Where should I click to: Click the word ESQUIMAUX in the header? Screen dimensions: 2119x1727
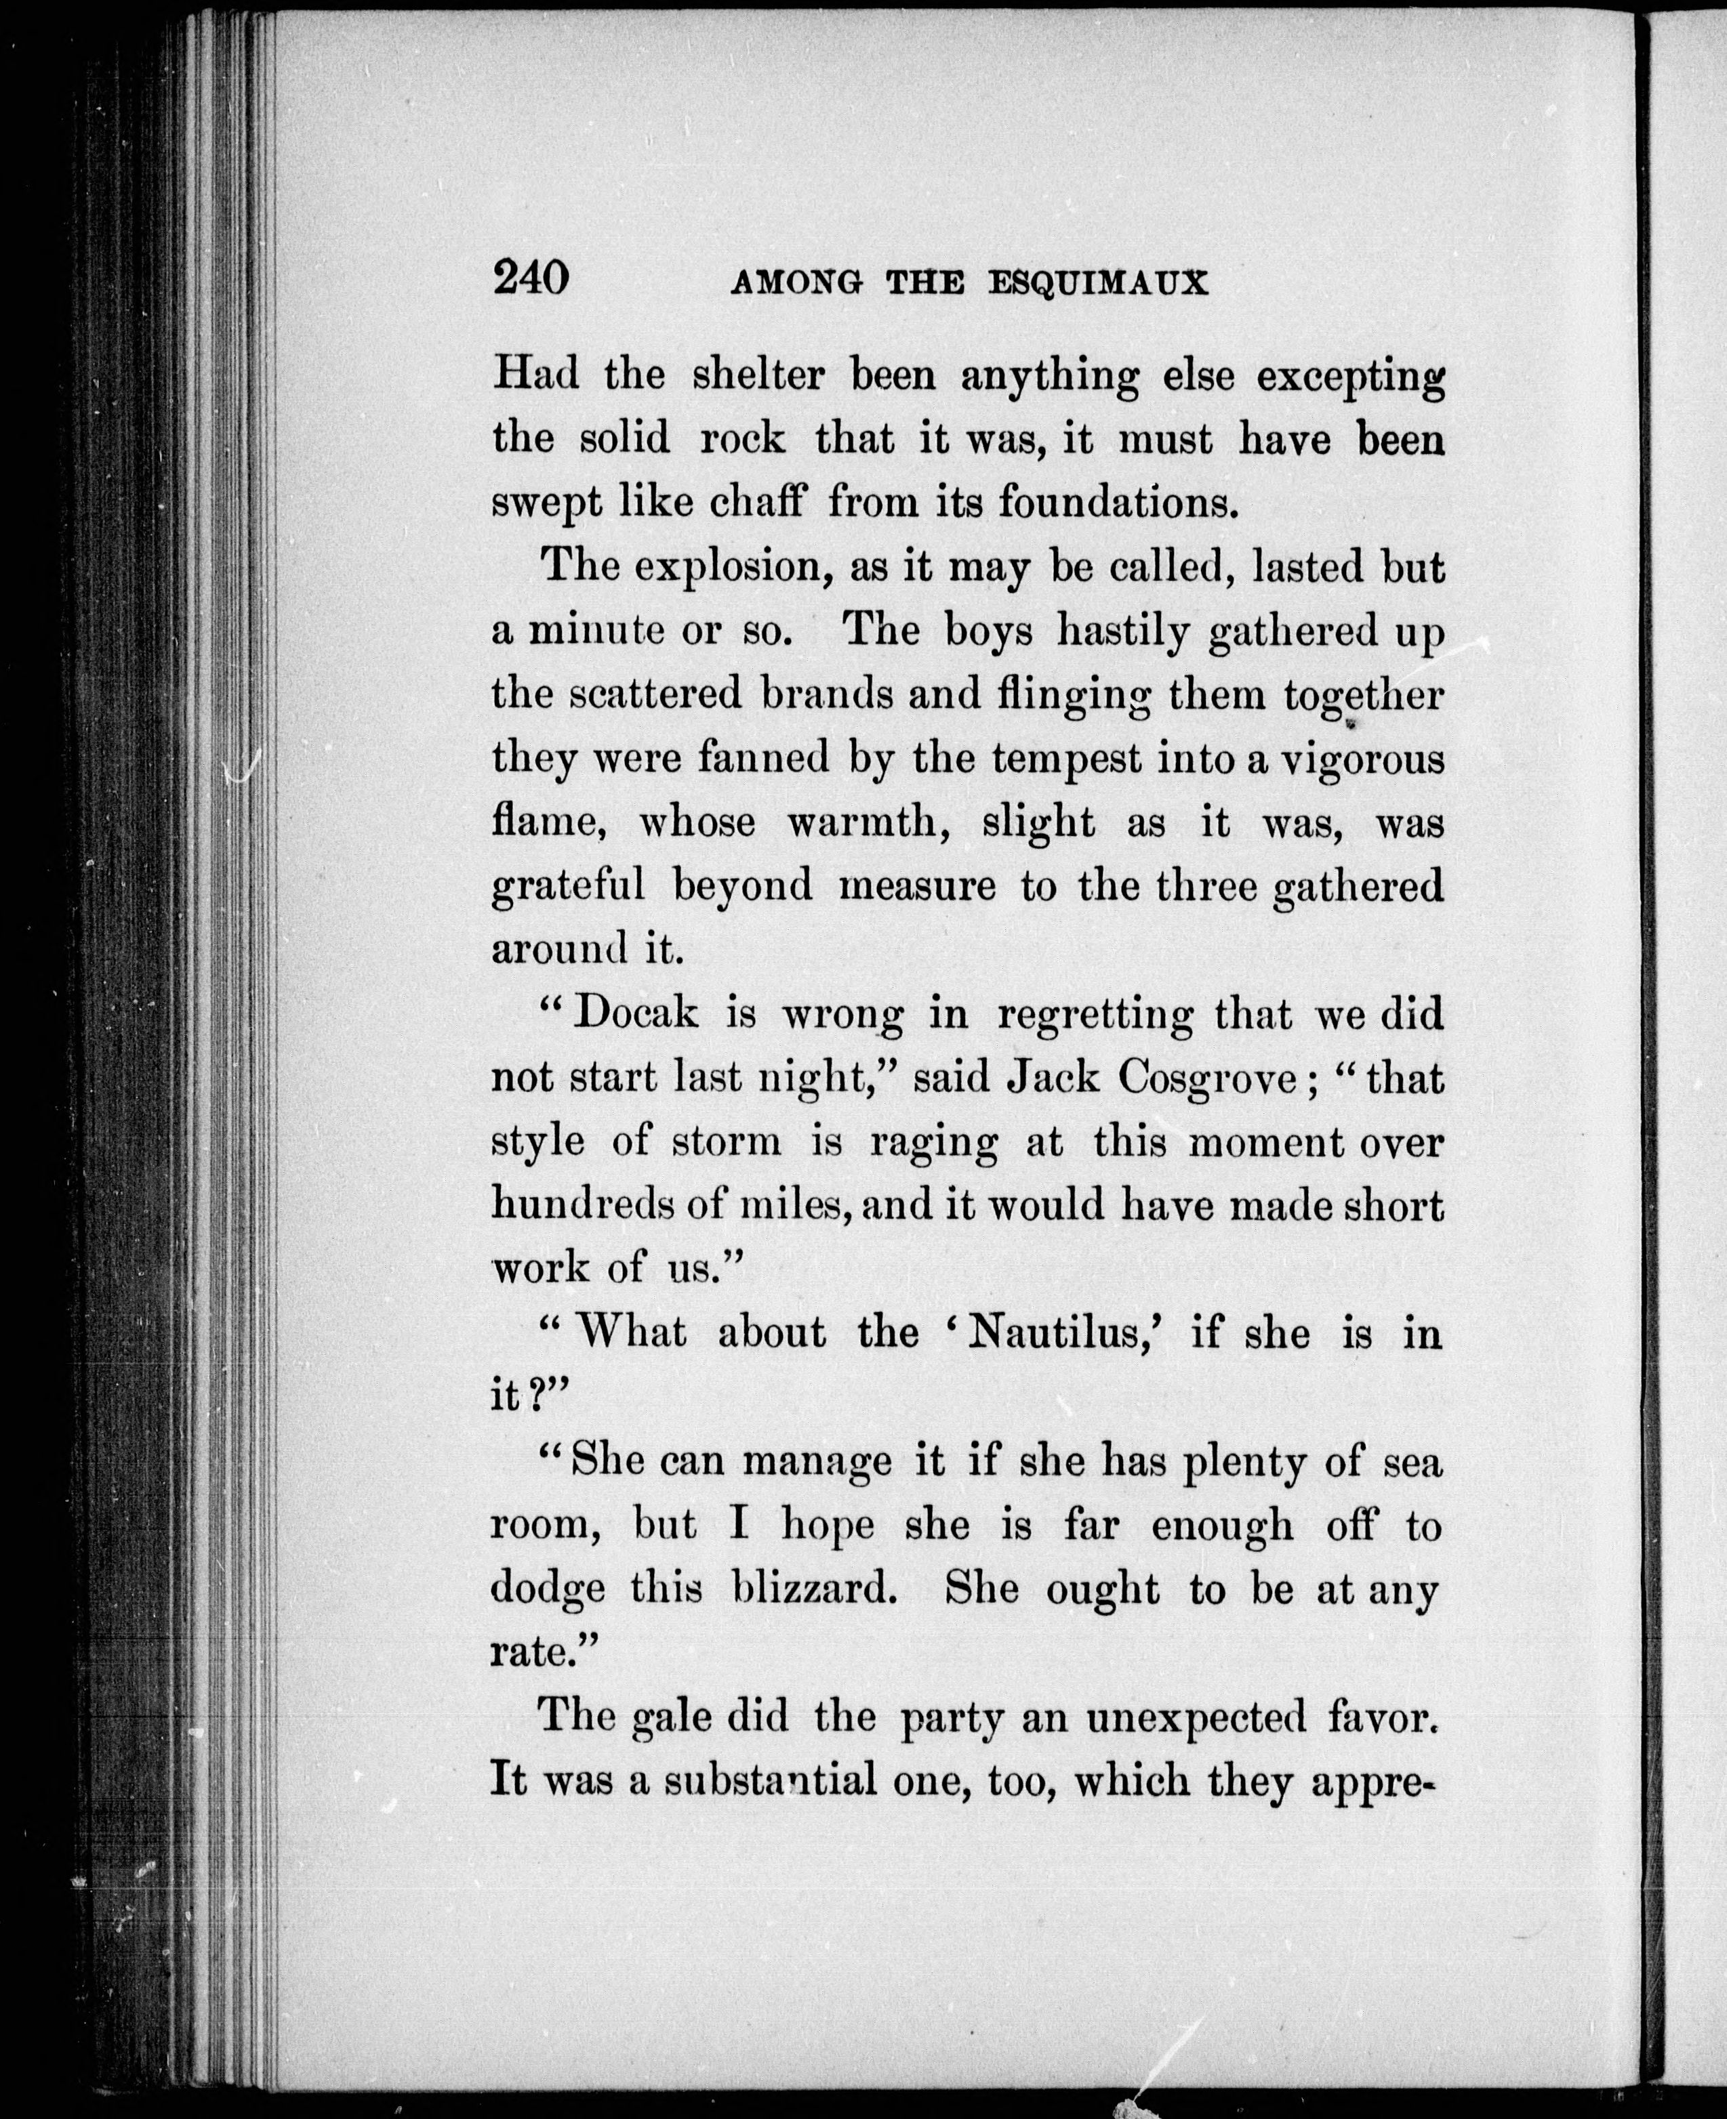coord(1098,285)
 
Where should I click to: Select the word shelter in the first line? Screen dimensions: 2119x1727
coord(758,376)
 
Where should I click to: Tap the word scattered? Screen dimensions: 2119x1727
coord(655,694)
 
